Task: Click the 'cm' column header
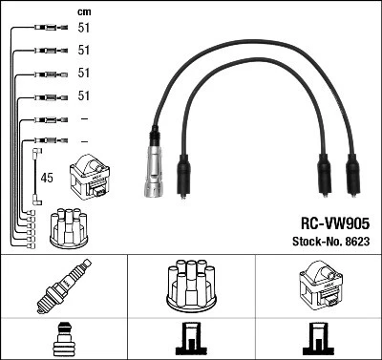pyautogui.click(x=83, y=11)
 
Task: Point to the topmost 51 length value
pyautogui.click(x=83, y=29)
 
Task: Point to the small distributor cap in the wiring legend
pyautogui.click(x=68, y=225)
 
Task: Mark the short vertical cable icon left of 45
pyautogui.click(x=37, y=176)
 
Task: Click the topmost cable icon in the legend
pyautogui.click(x=47, y=29)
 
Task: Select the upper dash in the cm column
pyautogui.click(x=84, y=119)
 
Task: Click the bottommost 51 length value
pyautogui.click(x=83, y=96)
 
